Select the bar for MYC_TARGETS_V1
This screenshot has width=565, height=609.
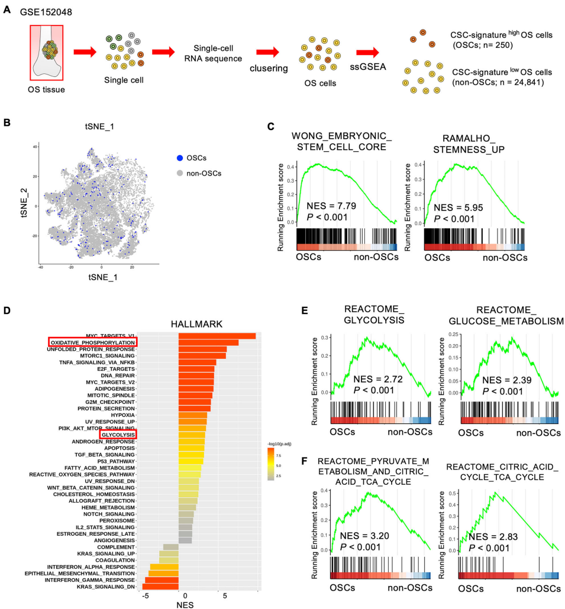217,336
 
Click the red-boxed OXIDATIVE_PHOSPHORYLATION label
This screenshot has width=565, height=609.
92,342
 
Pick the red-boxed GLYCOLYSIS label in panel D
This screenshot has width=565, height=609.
118,435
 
